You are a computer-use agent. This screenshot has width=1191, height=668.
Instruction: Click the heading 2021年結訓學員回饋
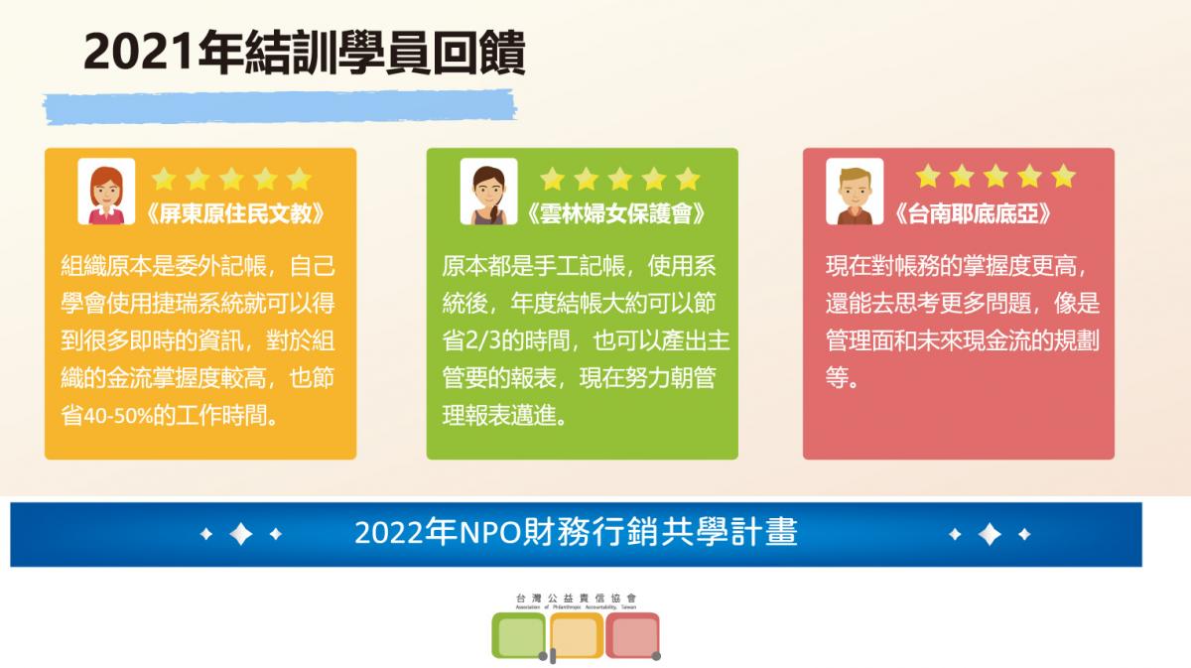tap(305, 53)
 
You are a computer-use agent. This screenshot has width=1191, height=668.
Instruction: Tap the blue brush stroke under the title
tap(280, 107)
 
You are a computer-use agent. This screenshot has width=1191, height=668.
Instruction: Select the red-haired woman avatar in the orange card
tap(106, 192)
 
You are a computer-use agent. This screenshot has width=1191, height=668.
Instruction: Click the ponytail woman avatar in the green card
tap(488, 192)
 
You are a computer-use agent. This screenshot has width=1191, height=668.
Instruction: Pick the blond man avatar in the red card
tap(855, 192)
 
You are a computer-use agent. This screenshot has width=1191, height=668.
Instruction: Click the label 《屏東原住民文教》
tap(234, 213)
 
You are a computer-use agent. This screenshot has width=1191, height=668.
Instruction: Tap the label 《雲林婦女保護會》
tap(615, 213)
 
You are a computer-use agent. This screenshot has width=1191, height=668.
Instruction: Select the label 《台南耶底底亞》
tap(973, 213)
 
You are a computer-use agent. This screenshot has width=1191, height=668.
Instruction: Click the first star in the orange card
tap(164, 179)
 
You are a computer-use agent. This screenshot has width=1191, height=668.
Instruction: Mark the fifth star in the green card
tap(688, 179)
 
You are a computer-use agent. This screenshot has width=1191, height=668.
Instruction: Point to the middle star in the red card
tap(995, 176)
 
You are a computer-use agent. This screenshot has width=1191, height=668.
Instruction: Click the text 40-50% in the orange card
tap(118, 415)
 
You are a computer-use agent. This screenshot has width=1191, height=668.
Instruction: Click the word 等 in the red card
tap(837, 377)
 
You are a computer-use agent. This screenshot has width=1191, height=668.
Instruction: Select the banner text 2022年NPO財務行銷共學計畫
tap(576, 532)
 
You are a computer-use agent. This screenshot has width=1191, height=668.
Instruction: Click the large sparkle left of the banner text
tap(241, 534)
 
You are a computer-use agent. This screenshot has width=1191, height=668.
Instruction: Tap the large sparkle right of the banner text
tap(990, 534)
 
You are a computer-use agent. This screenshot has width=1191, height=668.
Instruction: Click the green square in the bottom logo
tap(519, 635)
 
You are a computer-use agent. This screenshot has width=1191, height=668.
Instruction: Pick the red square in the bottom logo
tap(633, 635)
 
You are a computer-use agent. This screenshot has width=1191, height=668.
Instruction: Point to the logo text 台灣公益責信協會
tap(576, 599)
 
